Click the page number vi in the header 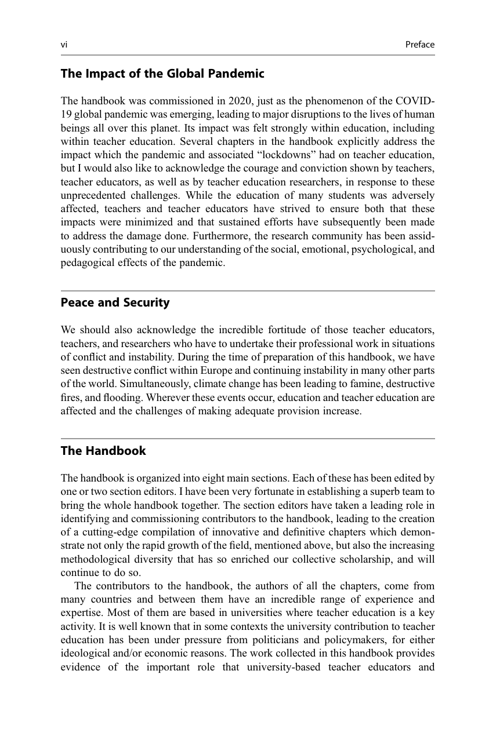coord(64,45)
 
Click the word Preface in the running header coord(420,45)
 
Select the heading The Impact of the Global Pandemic coord(162,74)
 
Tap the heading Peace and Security coord(115,302)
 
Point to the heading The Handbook coord(103,451)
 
